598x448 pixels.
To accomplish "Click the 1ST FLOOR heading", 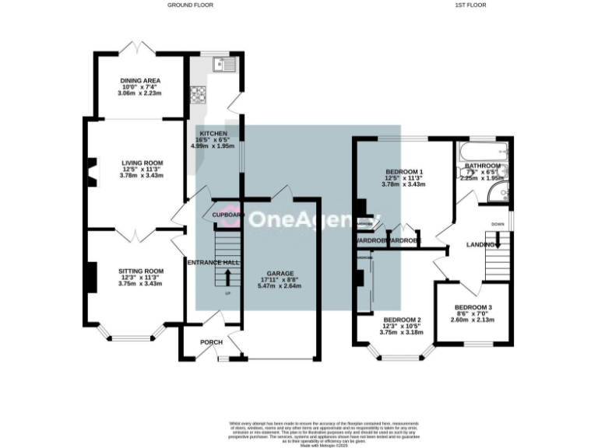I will pos(471,5).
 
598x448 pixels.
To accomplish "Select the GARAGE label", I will pos(280,274).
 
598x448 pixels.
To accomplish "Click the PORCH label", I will pos(211,342).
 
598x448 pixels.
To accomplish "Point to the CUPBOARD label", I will pos(226,215).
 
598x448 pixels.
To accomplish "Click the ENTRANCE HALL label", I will pos(213,263).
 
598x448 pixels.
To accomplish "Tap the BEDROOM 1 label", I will pos(404,171).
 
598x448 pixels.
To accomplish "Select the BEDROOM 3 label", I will pos(473,307).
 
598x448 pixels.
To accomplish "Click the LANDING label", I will pos(481,245).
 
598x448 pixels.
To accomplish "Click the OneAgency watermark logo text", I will pos(300,219).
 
